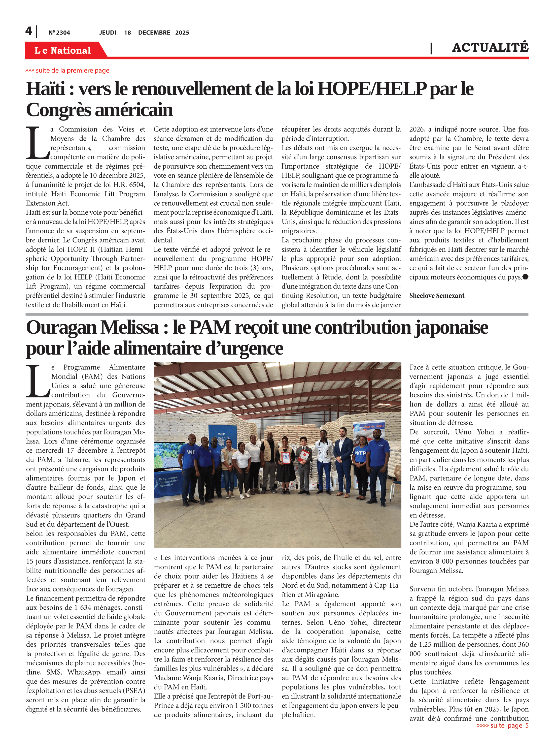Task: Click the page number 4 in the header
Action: point(29,31)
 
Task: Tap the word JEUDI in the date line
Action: point(108,33)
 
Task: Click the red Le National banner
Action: point(63,50)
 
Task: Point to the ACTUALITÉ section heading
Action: point(490,48)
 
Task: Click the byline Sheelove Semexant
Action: point(437,296)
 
